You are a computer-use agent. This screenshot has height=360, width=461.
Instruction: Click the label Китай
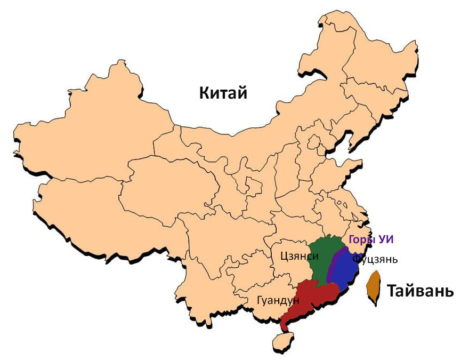click(223, 93)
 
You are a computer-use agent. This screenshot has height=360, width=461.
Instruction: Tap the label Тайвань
click(420, 292)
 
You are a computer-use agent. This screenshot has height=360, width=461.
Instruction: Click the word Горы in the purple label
click(361, 240)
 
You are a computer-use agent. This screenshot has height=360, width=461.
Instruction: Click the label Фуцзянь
click(375, 259)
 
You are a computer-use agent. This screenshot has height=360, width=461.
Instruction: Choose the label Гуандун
click(278, 301)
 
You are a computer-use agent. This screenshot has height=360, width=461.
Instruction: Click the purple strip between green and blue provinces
click(334, 264)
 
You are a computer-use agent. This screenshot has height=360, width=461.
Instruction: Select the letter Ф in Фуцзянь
click(356, 259)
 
